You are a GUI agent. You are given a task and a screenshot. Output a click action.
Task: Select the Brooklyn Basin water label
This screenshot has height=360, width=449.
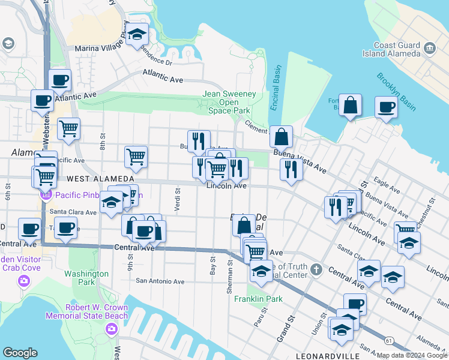click(396, 92)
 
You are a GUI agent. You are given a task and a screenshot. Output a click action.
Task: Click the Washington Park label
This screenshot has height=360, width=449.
click(86, 277)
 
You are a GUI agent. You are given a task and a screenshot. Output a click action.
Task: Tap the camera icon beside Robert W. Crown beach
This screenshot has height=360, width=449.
click(111, 328)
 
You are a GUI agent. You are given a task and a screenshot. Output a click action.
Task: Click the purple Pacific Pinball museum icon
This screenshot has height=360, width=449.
click(46, 194)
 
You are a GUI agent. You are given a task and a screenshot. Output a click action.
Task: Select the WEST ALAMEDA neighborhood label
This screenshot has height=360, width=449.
click(100, 179)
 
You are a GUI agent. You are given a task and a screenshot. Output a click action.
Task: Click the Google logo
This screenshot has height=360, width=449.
click(20, 353)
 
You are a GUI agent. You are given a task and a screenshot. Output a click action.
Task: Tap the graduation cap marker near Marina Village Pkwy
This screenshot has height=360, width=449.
click(137, 34)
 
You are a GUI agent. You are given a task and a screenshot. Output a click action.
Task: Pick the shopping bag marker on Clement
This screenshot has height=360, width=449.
click(281, 137)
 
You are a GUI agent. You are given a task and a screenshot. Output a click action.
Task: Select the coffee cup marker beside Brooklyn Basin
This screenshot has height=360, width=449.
click(386, 107)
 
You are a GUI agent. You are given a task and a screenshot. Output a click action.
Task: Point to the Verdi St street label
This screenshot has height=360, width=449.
click(177, 198)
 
